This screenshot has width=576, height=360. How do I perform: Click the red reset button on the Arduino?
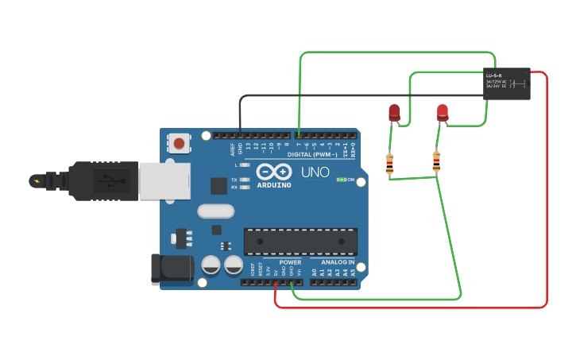click(x=180, y=144)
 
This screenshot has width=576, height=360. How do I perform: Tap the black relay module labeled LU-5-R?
click(x=506, y=83)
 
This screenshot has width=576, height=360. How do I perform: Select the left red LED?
click(x=394, y=113)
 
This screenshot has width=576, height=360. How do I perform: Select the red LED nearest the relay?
click(x=443, y=113)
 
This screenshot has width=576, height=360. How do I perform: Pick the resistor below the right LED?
click(x=435, y=161)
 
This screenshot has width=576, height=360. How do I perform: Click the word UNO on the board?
click(x=315, y=172)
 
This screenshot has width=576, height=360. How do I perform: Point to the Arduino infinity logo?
click(x=273, y=172)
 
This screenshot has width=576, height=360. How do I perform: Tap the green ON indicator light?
click(x=341, y=180)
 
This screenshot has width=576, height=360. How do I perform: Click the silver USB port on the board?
click(x=164, y=181)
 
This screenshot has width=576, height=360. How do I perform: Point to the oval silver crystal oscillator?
click(x=215, y=211)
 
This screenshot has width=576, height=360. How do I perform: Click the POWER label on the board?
click(x=290, y=262)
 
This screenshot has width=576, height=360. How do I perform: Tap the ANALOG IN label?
click(x=338, y=262)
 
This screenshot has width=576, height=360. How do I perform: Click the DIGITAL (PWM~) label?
click(x=311, y=154)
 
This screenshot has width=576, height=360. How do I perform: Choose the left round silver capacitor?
click(x=211, y=265)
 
